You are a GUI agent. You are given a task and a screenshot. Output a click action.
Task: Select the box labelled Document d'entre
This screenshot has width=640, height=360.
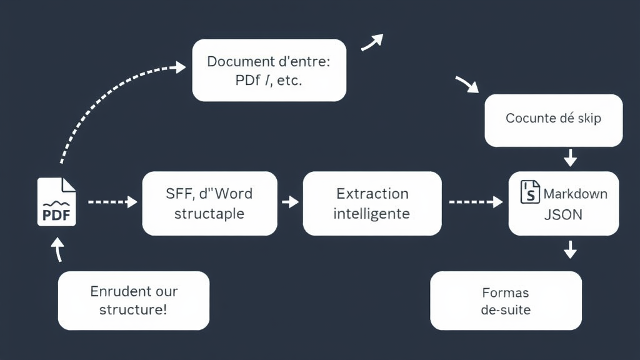tap(269, 70)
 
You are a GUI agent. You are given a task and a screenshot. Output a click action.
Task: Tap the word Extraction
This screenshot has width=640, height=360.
tap(372, 194)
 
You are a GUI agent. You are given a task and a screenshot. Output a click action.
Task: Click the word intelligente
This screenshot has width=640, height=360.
tap(372, 214)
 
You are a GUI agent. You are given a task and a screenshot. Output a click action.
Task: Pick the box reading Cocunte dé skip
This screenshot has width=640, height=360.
tap(554, 119)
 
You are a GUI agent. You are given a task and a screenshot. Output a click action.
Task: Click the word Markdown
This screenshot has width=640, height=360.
tap(575, 194)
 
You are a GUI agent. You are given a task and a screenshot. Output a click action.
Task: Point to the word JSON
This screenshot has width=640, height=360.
tap(564, 215)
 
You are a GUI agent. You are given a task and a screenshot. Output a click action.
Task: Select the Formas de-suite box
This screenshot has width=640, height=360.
tap(506, 301)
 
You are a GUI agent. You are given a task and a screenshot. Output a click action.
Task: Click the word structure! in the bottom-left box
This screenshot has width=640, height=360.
tap(133, 309)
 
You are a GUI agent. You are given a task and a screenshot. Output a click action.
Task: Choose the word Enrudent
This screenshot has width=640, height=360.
tap(116, 291)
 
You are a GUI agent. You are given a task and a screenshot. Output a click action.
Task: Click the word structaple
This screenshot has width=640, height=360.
tap(209, 214)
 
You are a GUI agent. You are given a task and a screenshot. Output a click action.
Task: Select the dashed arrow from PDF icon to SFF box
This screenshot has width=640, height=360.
tap(112, 202)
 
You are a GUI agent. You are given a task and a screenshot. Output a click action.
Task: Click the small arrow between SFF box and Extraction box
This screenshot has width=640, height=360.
tap(290, 202)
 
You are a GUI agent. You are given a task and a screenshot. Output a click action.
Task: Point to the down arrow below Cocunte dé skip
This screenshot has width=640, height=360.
tap(570, 158)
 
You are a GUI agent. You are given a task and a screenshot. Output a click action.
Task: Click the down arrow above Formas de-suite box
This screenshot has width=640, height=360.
tap(570, 251)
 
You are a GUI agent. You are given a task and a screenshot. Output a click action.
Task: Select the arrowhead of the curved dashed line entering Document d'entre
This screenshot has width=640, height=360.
tap(180, 67)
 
